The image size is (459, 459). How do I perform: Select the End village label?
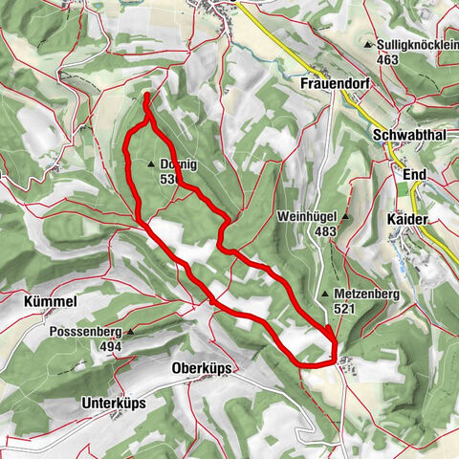tap(414, 175)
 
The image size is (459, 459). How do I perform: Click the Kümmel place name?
tap(46, 301)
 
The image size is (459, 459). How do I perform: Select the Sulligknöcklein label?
tap(418, 45)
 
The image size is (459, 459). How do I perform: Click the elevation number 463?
tap(387, 59)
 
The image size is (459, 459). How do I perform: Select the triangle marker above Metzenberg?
tap(325, 294)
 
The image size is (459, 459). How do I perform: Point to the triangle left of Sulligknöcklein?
tap(369, 45)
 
